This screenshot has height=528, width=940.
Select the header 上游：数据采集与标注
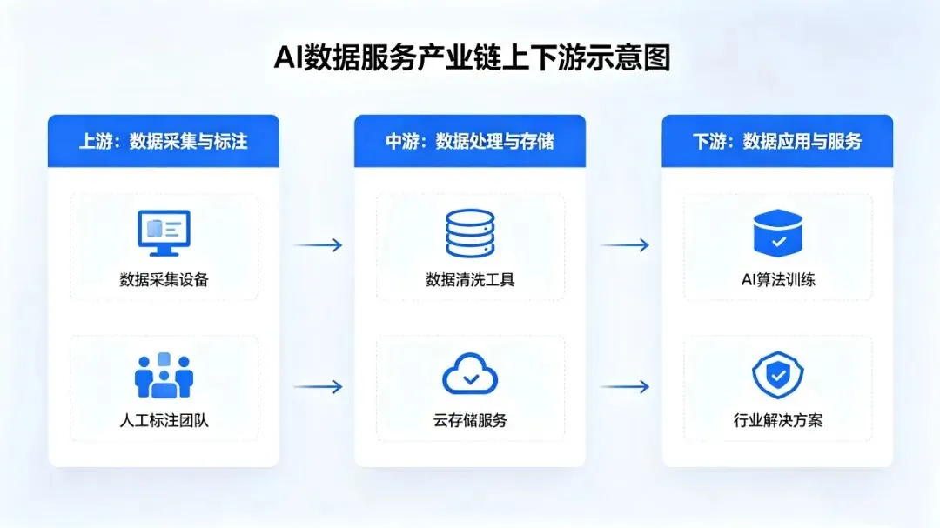[164, 141]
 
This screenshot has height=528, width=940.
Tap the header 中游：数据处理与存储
[470, 141]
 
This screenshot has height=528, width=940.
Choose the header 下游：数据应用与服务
[777, 141]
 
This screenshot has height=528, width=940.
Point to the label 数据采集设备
[164, 280]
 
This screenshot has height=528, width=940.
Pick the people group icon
[164, 376]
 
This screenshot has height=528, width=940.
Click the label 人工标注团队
[164, 421]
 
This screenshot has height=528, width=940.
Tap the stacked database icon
[470, 233]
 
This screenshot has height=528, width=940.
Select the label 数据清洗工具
[470, 280]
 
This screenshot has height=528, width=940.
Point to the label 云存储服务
[470, 421]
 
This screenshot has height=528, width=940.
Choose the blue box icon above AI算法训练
[777, 232]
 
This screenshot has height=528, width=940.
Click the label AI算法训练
[777, 280]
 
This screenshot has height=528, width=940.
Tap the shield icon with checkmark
[777, 375]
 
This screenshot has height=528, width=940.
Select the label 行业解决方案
[777, 421]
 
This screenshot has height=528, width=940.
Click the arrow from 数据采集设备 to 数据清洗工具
[318, 245]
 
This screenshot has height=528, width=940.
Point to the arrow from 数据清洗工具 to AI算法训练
[625, 245]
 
